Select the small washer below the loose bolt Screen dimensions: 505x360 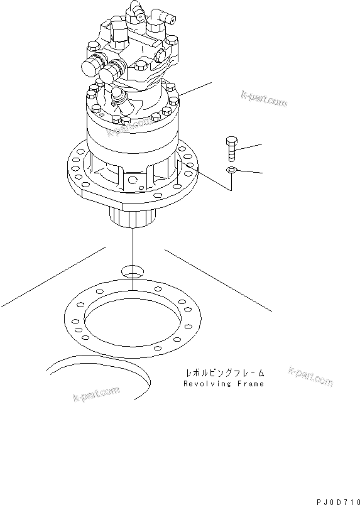tap(232, 170)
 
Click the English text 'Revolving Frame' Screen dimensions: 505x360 tap(224, 383)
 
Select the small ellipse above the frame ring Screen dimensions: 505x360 tap(133, 271)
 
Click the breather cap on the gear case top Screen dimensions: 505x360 tap(117, 96)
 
